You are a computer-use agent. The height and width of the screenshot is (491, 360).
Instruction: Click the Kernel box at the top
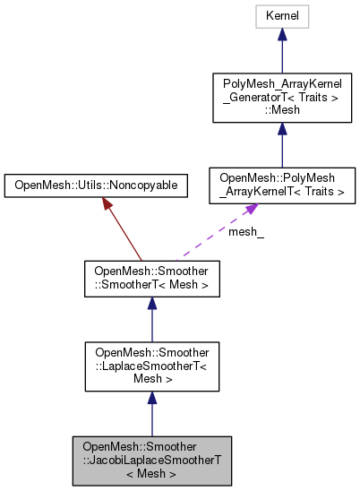(x=281, y=16)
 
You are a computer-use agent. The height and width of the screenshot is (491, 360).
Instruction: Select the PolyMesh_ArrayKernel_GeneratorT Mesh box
(x=281, y=99)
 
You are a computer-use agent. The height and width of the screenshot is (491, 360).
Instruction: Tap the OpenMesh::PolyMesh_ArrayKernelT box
(x=281, y=186)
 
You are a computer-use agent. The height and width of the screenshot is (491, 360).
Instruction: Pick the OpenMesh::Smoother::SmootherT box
(x=151, y=279)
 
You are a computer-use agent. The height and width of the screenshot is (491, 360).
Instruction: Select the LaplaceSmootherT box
(x=151, y=366)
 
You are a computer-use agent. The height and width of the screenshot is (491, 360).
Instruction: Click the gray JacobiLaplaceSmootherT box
(x=151, y=459)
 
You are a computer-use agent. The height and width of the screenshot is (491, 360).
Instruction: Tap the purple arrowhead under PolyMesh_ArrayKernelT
(x=253, y=210)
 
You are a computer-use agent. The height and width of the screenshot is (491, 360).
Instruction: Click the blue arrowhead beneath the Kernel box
(x=281, y=35)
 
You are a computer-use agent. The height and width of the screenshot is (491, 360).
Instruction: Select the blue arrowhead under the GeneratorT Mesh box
(x=281, y=130)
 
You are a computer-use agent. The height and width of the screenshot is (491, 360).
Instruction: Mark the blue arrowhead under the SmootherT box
(x=151, y=305)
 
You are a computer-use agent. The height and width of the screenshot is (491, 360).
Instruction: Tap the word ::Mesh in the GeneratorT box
(x=281, y=111)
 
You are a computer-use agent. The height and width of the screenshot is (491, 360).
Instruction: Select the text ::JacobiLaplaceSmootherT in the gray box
(x=151, y=459)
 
